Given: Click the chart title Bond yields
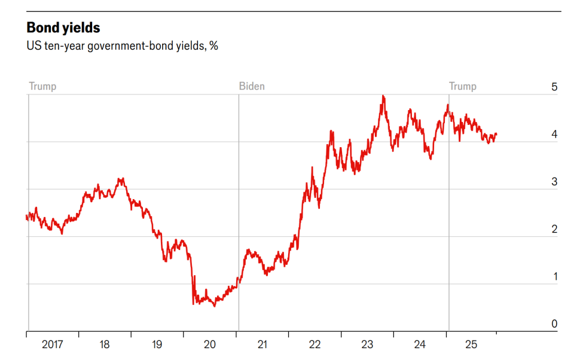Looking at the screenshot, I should click(63, 28).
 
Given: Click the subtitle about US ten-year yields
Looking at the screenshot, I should click(122, 45).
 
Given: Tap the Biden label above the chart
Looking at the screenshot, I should click(252, 86).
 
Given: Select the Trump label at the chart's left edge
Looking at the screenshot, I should click(42, 86).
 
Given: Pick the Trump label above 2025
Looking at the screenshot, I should click(463, 86).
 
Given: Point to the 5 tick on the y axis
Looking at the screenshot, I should click(554, 87).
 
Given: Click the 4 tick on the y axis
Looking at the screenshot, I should click(554, 135).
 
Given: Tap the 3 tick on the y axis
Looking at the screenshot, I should click(554, 182).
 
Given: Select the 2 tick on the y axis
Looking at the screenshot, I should click(554, 229).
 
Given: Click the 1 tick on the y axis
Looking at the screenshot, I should click(554, 277).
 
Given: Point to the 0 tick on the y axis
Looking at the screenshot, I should click(554, 324).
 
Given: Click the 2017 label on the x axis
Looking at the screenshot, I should click(53, 344).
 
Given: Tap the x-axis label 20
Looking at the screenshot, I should click(210, 344).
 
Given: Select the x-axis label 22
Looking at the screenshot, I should click(315, 344).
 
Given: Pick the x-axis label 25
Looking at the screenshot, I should click(472, 344).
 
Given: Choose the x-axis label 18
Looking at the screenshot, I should click(105, 344).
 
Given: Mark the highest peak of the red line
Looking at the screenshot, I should click(383, 96).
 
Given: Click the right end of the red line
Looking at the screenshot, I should click(496, 135).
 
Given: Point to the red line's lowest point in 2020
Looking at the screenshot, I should click(215, 306).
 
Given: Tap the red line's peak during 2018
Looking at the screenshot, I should click(121, 178).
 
